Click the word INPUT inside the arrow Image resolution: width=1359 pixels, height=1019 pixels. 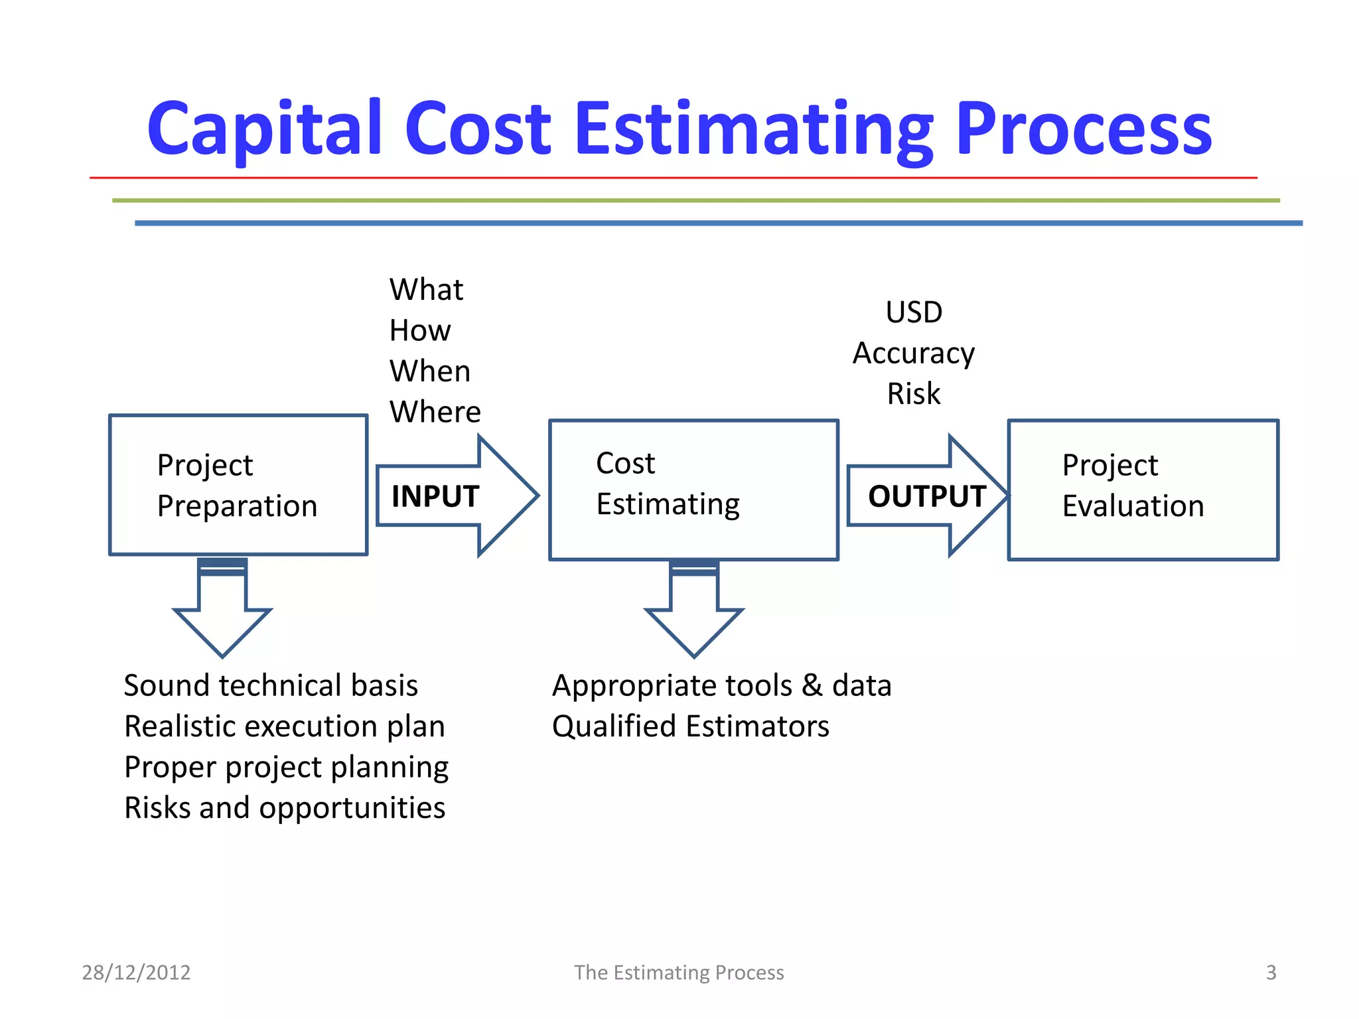tap(435, 496)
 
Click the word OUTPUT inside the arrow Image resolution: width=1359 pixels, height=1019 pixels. tap(926, 496)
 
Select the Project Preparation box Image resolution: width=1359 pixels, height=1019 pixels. tap(238, 485)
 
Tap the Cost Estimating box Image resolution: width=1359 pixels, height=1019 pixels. tap(693, 490)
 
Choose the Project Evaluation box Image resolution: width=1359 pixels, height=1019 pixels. tap(1143, 490)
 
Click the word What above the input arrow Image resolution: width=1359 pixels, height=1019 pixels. tap(426, 290)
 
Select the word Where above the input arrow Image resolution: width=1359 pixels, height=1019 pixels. tap(435, 412)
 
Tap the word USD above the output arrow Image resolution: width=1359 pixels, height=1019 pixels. tap(914, 312)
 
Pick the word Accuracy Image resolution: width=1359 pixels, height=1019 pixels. tap(914, 354)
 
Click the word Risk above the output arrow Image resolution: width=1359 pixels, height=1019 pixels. tap(914, 394)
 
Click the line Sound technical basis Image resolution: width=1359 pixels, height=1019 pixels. tap(271, 685)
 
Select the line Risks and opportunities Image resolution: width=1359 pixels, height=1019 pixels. tap(285, 808)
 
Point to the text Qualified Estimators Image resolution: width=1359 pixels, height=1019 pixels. tap(690, 726)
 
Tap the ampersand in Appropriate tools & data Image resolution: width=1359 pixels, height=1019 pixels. tap(812, 685)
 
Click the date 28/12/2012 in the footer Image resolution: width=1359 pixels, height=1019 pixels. tap(136, 973)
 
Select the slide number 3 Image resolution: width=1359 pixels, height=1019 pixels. tap(1271, 973)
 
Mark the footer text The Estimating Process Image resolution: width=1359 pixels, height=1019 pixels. tap(679, 973)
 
